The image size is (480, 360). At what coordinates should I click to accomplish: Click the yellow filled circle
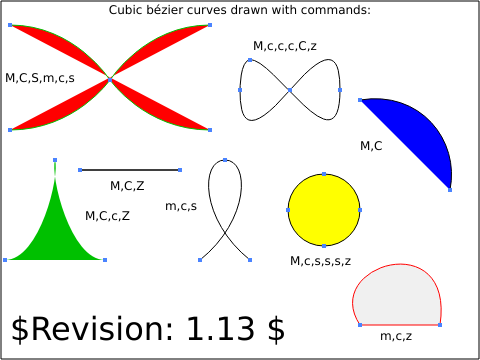coord(324,210)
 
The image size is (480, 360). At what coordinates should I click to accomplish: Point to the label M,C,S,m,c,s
coord(40,78)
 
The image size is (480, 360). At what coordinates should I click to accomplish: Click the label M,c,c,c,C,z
coord(285,46)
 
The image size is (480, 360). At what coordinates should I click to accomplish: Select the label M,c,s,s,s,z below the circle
coord(321,261)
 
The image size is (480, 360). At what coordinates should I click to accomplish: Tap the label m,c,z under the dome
coord(396,336)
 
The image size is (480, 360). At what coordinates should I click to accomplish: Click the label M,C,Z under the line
coord(127,186)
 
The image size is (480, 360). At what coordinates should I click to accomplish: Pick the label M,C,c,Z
coord(107,216)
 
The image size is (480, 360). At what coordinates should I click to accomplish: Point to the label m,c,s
coord(181,206)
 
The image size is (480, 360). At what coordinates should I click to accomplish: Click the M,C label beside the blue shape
coord(371,146)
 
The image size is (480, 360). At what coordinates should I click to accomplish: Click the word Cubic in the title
coord(124,10)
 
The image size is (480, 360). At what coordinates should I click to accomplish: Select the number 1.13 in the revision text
coord(220,329)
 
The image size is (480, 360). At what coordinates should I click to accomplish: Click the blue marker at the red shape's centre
coord(110,80)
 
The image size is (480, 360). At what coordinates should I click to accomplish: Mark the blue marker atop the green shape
coord(55,160)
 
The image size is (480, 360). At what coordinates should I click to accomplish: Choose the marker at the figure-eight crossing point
coord(290,90)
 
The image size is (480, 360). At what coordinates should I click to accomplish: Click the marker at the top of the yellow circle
coord(324,174)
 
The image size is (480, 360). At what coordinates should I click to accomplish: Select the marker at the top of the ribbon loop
coord(225,160)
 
